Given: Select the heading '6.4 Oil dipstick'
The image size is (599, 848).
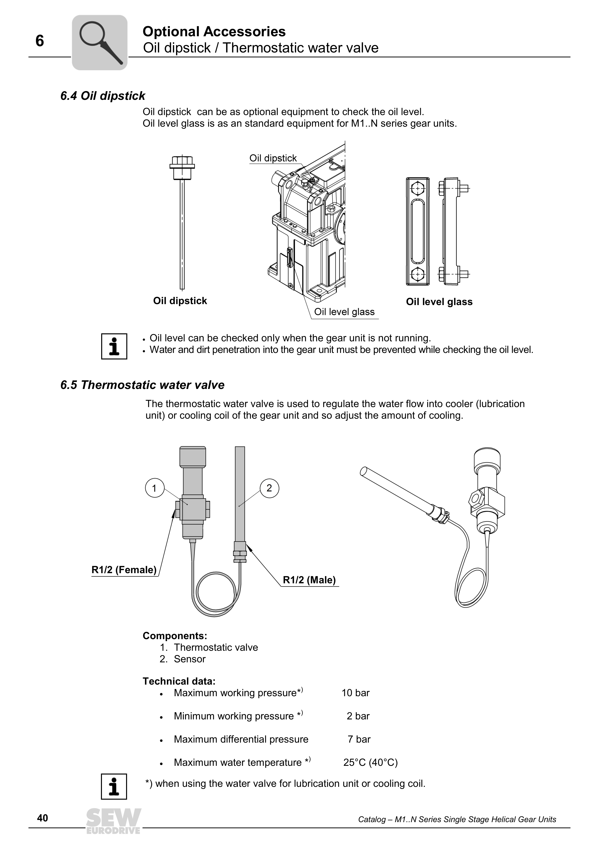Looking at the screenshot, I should click(103, 96).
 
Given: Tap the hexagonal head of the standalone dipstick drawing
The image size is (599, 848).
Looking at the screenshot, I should click(182, 161).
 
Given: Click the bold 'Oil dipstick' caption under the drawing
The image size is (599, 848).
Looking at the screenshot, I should click(180, 301).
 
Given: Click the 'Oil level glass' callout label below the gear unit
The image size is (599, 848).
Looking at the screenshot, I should click(344, 312).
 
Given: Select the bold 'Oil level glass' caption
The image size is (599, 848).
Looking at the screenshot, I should click(439, 302).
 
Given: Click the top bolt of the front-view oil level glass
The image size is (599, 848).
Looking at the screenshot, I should click(417, 188).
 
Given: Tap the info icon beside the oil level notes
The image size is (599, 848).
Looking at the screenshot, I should click(114, 346).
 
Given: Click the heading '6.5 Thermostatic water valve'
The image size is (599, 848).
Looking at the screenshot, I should click(143, 385).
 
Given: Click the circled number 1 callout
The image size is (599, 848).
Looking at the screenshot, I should click(155, 488).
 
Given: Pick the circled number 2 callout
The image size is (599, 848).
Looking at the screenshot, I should click(269, 488).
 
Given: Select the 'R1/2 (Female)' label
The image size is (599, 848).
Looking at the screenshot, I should click(124, 570).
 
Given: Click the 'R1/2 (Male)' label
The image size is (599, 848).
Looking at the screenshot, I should click(309, 580).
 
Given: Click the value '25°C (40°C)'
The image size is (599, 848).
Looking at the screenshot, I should click(370, 763).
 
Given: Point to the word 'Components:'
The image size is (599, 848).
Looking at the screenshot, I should click(175, 636).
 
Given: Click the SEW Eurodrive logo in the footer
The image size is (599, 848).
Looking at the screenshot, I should click(114, 821).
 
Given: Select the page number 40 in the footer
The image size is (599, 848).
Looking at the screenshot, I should click(43, 819).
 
